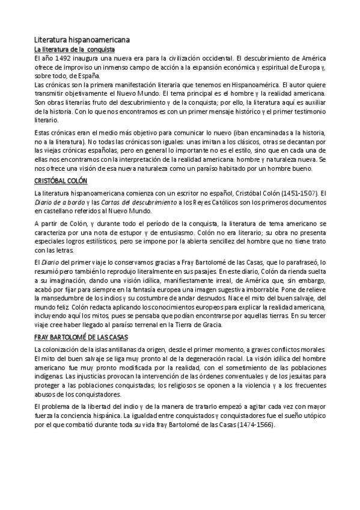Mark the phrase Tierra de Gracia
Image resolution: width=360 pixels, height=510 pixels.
[196, 325]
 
